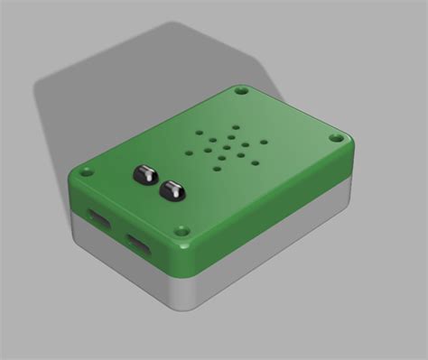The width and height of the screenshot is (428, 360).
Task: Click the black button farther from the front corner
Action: tap(144, 173)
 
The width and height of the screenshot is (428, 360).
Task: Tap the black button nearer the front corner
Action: tap(170, 189)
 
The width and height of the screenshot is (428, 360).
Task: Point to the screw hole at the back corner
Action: tap(241, 91)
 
